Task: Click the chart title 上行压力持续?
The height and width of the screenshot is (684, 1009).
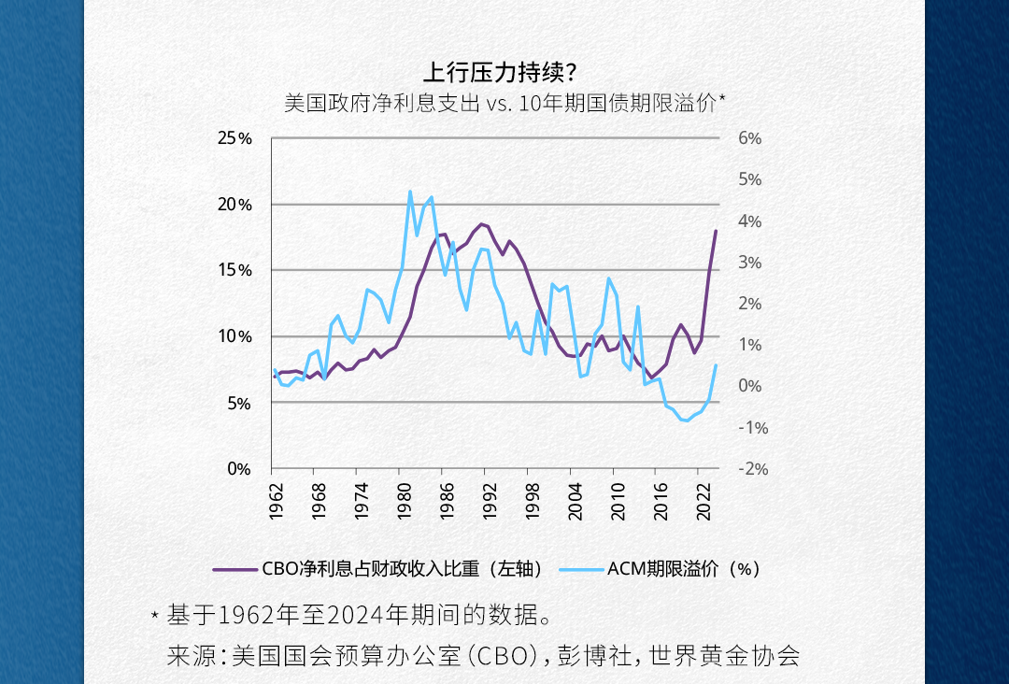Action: click(504, 72)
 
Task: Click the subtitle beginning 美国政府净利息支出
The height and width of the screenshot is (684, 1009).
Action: click(504, 103)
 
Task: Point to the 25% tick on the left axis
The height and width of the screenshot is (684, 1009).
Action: click(234, 138)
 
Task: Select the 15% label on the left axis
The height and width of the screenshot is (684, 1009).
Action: click(234, 270)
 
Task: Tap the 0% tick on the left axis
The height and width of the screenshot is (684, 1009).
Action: click(239, 469)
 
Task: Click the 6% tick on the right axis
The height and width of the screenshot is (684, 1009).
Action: click(750, 138)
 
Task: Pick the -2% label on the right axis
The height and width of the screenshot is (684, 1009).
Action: click(752, 469)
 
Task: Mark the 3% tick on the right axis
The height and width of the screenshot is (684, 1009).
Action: click(750, 263)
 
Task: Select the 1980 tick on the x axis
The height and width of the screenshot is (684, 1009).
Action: click(404, 501)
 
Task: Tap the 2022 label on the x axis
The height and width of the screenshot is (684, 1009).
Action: click(703, 501)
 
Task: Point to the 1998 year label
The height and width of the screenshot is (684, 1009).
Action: click(532, 501)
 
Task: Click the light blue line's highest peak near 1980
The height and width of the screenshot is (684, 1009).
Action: click(409, 192)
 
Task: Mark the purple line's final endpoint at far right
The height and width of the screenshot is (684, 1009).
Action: click(716, 231)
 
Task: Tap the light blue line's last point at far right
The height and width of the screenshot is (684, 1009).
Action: click(716, 365)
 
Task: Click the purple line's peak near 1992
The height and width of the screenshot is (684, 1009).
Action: click(481, 224)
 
